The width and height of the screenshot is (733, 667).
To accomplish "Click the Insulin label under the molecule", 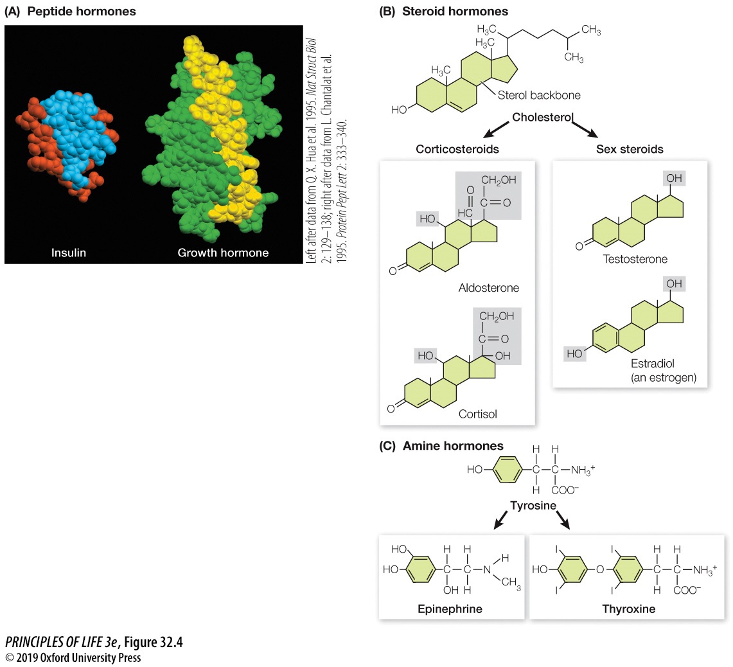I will tap(69, 253).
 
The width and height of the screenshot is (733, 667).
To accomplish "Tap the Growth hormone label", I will tap(223, 253).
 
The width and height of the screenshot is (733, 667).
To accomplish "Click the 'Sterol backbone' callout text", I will tap(539, 95).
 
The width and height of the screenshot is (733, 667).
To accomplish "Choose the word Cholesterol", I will tap(542, 118).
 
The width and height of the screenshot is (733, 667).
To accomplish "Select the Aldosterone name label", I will tap(489, 288).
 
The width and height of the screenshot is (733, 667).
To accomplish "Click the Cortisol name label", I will tap(477, 414).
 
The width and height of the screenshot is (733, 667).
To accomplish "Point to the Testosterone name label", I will tap(635, 259).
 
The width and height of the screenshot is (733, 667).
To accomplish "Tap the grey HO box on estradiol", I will tap(575, 353).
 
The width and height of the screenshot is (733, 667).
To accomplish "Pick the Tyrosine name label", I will tap(533, 506).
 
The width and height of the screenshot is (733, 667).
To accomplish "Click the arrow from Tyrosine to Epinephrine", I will tap(500, 520).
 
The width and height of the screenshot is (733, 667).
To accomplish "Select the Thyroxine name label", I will tap(629, 609).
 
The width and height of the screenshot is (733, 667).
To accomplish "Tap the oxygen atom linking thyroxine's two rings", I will tap(599, 569).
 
